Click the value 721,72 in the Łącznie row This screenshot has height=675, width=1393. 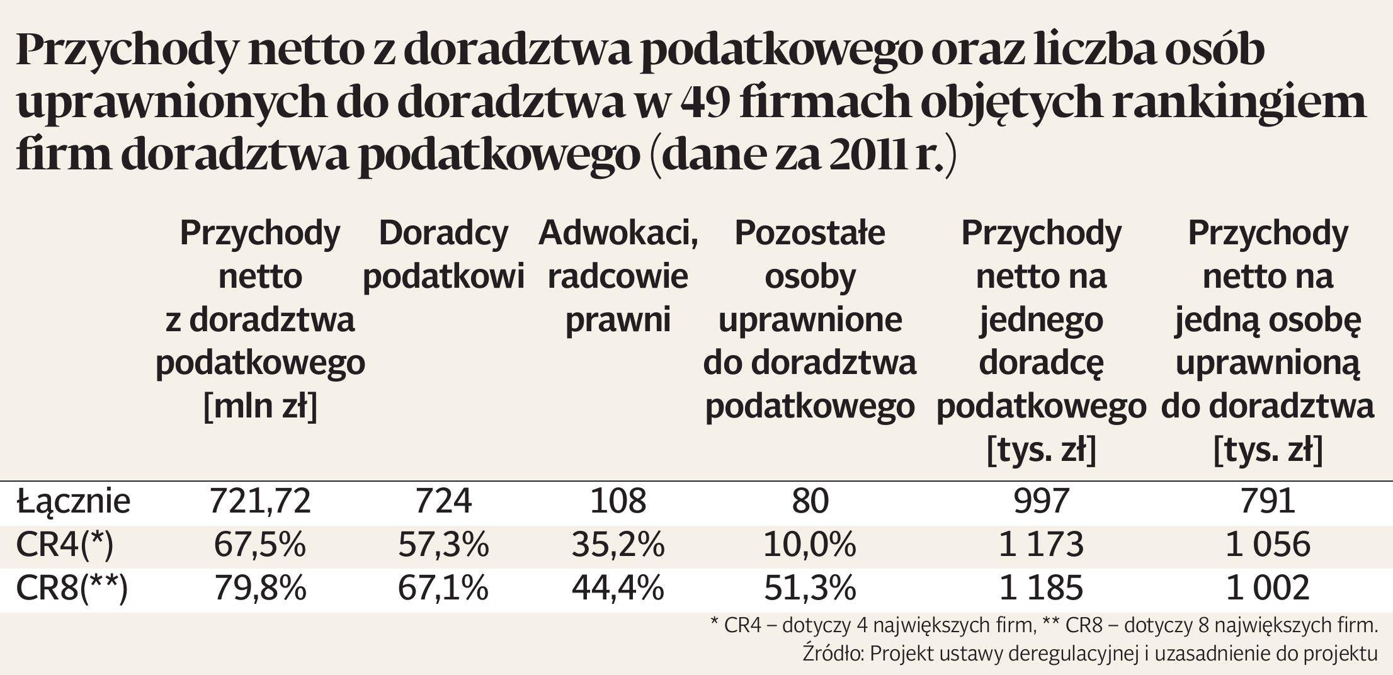260,501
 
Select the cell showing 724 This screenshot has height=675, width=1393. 443,501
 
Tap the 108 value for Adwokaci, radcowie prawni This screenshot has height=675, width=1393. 618,501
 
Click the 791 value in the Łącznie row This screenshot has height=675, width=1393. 1267,501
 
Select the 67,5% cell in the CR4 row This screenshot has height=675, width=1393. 259,545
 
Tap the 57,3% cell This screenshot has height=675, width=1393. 443,545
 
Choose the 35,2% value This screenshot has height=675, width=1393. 618,545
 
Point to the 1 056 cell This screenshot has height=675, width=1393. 1267,545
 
